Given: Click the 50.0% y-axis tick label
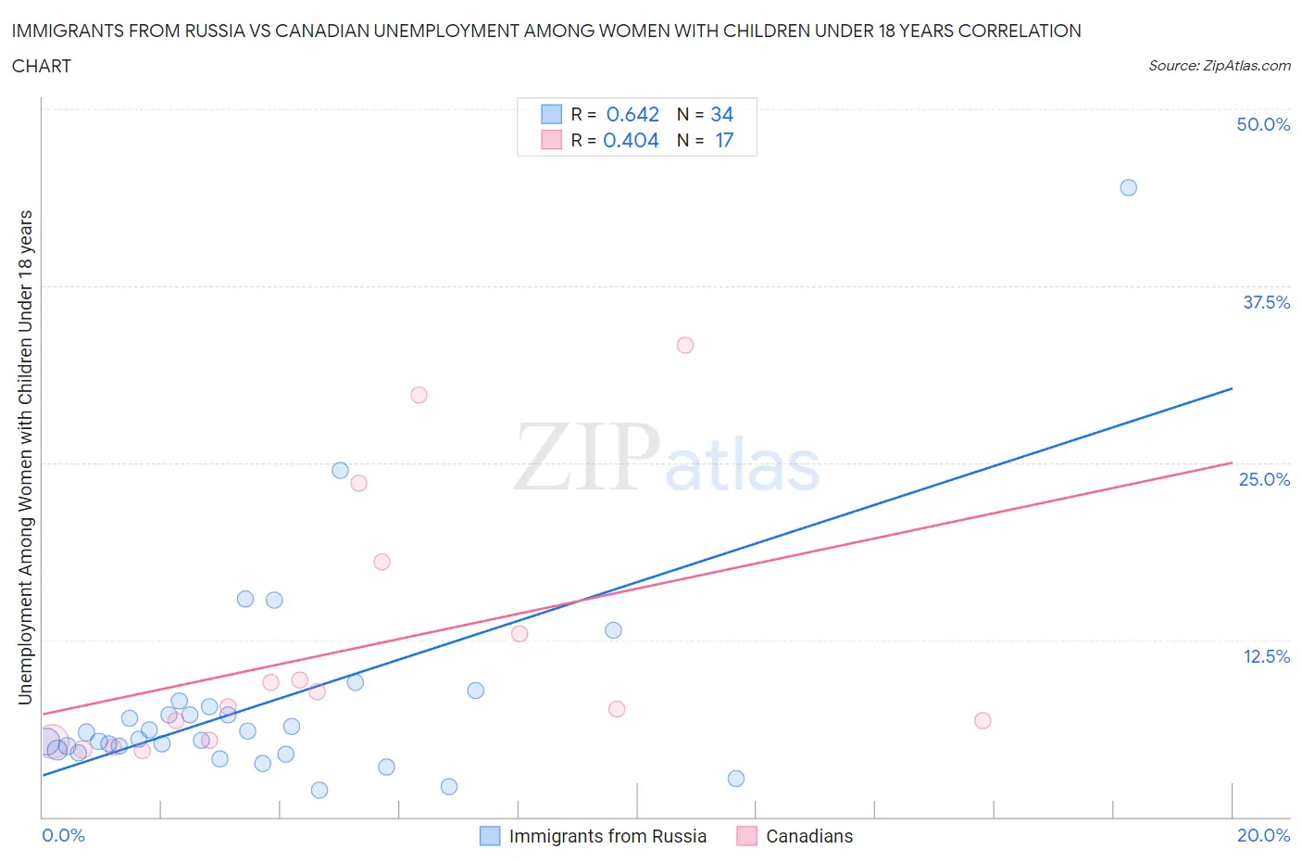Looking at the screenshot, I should (1263, 124).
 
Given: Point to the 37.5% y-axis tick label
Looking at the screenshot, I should (1266, 302).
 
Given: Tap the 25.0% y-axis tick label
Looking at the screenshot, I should (1264, 479).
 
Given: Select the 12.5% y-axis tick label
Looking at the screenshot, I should (1266, 656).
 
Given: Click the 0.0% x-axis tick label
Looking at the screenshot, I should (63, 835).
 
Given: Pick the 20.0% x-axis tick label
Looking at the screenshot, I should (1263, 835).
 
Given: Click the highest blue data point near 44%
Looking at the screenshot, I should (1128, 187).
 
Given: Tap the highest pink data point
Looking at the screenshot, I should (685, 345).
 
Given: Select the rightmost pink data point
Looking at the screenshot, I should (983, 720).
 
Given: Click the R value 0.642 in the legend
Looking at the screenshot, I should (632, 114).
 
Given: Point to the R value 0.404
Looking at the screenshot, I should (631, 140).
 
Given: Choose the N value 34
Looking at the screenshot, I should (721, 114).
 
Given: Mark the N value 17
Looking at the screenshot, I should (724, 140).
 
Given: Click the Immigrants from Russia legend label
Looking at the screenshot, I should (607, 836).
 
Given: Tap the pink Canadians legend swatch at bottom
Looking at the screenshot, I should (746, 836).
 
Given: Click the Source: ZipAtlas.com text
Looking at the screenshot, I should (1219, 65).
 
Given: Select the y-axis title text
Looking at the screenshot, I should (25, 457).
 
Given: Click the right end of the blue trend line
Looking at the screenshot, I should (1232, 388).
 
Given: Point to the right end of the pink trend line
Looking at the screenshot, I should (1232, 463).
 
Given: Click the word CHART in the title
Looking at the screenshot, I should (42, 66).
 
